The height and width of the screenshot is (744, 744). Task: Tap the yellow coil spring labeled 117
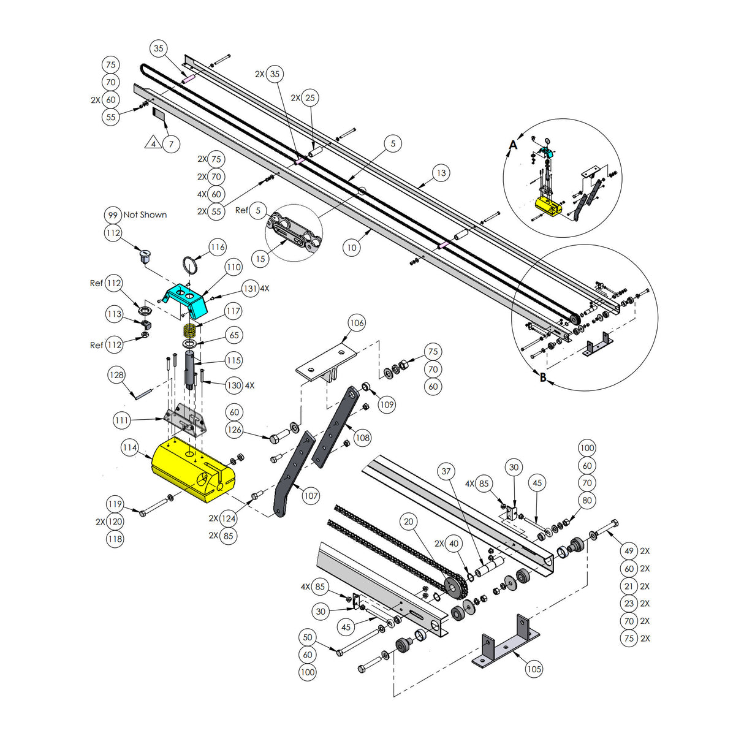pos(190,330)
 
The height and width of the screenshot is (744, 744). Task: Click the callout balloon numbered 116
pos(218,248)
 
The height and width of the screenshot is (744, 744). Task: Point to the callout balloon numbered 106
pos(357,323)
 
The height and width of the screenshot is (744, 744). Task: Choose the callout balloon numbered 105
pos(534,669)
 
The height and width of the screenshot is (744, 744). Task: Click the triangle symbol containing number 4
pos(153,144)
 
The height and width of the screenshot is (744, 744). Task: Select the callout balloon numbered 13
pos(441,173)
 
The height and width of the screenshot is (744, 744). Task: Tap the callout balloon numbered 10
pos(351,248)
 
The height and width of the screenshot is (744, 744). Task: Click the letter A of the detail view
pos(513,145)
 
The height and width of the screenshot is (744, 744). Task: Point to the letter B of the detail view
pos(543,378)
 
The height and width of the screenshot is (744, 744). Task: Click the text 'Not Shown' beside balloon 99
pos(145,215)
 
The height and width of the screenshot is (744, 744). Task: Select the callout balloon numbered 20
pos(409,522)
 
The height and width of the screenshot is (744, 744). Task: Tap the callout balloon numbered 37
pos(446,471)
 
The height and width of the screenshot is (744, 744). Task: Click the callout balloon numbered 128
pos(116,375)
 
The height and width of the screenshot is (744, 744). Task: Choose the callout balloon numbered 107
pos(311,496)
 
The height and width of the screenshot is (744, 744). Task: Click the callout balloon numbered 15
pos(260,259)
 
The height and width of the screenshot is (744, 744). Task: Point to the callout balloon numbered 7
pos(172,145)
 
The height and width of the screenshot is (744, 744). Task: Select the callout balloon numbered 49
pos(629,551)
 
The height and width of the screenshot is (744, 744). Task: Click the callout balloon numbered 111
pos(122,420)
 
